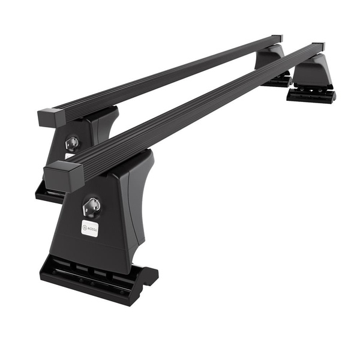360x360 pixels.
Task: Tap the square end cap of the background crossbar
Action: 49,116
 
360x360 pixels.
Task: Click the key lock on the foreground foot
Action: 92,206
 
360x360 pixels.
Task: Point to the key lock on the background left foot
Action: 72,142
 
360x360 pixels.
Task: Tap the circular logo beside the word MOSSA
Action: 85,229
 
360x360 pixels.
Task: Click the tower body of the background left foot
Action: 90,135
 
